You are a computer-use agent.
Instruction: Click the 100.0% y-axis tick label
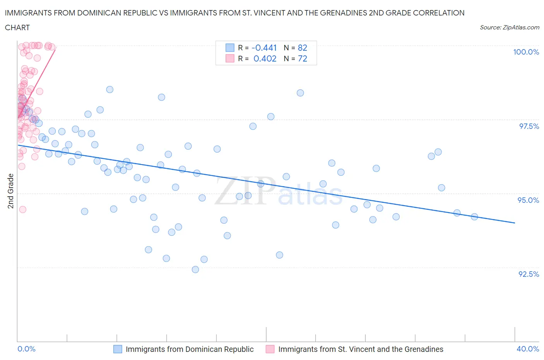click(526, 52)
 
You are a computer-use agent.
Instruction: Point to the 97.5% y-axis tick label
click(529, 126)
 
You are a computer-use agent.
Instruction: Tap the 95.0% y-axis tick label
click(528, 200)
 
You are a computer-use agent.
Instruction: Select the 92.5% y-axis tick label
click(529, 274)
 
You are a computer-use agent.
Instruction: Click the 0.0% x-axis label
click(27, 349)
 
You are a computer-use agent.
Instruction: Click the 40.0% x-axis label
click(528, 349)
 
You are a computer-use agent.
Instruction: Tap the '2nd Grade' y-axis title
click(11, 191)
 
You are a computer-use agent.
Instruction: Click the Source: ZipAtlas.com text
click(509, 27)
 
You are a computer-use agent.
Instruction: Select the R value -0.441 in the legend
click(264, 48)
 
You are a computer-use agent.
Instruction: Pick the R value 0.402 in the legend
click(265, 58)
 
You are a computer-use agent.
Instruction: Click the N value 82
click(302, 48)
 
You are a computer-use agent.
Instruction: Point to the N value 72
click(302, 58)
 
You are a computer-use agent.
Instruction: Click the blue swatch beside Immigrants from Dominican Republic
click(118, 349)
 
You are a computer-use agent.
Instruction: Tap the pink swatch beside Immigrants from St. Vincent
click(270, 349)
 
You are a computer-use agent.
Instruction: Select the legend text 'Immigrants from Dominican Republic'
click(190, 349)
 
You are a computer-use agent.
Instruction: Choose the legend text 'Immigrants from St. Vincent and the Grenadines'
click(361, 349)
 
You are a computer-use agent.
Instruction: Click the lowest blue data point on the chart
click(195, 269)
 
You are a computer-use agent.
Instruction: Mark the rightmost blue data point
click(474, 217)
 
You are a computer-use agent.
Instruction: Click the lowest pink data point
click(22, 209)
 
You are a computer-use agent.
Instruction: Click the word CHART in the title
click(17, 27)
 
